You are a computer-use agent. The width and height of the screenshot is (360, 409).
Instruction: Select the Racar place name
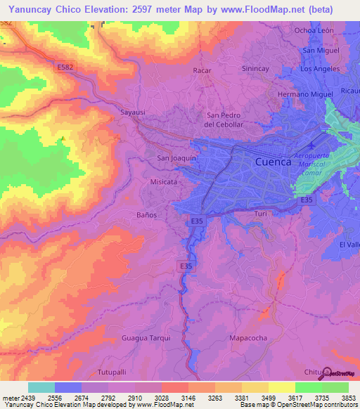pyautogui.click(x=202, y=71)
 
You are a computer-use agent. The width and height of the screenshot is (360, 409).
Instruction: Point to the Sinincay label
pyautogui.click(x=256, y=71)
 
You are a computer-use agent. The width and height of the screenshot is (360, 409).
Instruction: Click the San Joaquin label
pyautogui.click(x=176, y=159)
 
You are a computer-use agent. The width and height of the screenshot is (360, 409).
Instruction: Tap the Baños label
pyautogui.click(x=146, y=214)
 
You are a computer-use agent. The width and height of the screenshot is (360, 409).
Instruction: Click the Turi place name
pyautogui.click(x=261, y=213)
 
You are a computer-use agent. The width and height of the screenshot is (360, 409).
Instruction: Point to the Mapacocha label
pyautogui.click(x=248, y=338)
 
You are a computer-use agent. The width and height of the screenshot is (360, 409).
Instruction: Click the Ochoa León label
pyautogui.click(x=314, y=30)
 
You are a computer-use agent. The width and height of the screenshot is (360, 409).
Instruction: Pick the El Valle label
pyautogui.click(x=349, y=244)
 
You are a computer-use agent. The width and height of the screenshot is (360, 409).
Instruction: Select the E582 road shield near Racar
pyautogui.click(x=64, y=65)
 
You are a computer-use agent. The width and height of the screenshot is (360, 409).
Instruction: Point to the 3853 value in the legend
pyautogui.click(x=348, y=397)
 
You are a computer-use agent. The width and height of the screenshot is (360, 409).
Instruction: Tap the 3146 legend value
pyautogui.click(x=188, y=397)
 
